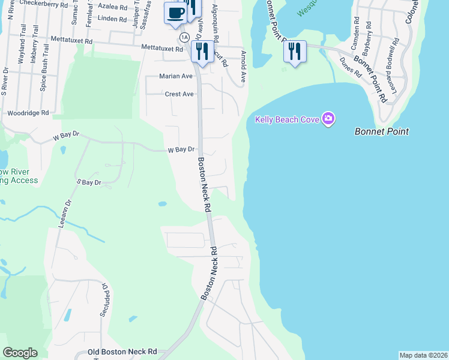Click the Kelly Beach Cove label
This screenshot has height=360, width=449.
(x=287, y=119)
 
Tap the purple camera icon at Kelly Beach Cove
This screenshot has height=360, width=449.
(x=328, y=119)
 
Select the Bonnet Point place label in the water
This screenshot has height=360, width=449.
(x=381, y=131)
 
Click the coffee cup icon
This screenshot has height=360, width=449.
(x=175, y=13)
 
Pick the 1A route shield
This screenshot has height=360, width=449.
(x=184, y=37)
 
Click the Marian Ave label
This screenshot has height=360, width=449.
(x=176, y=76)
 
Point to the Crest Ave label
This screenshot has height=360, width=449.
(x=179, y=94)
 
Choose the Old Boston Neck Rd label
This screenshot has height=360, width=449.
(x=122, y=352)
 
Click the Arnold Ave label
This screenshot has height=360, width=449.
(x=243, y=67)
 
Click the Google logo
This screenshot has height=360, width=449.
(x=20, y=353)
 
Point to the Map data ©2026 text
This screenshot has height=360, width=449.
(x=423, y=355)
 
